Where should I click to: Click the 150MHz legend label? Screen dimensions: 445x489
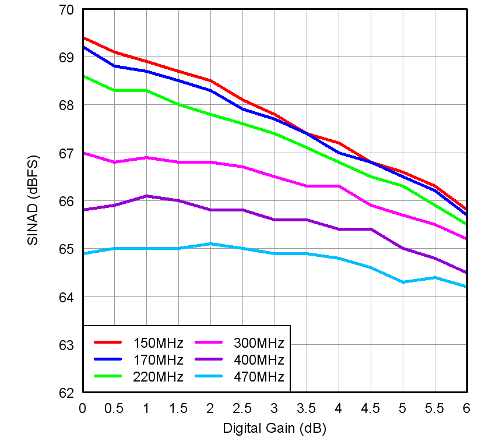coord(158,342)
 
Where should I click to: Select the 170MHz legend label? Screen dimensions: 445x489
coord(158,359)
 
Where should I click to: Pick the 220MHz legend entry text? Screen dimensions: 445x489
coord(158,377)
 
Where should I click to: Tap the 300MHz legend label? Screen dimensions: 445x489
coord(258,342)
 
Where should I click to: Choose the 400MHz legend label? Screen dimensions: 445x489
coord(258,359)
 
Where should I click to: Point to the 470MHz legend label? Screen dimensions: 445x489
coord(258,377)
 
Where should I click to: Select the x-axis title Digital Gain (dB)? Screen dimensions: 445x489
coord(274,429)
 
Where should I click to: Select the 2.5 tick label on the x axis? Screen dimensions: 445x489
coord(242,409)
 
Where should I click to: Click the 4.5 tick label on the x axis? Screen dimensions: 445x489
coord(370,409)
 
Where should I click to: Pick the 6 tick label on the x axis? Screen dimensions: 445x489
coord(466,409)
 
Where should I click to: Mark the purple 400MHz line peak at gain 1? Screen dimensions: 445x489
coord(147,196)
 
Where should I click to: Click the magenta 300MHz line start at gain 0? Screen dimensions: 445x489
coord(83,153)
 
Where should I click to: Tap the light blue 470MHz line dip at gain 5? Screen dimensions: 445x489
coord(402,282)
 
